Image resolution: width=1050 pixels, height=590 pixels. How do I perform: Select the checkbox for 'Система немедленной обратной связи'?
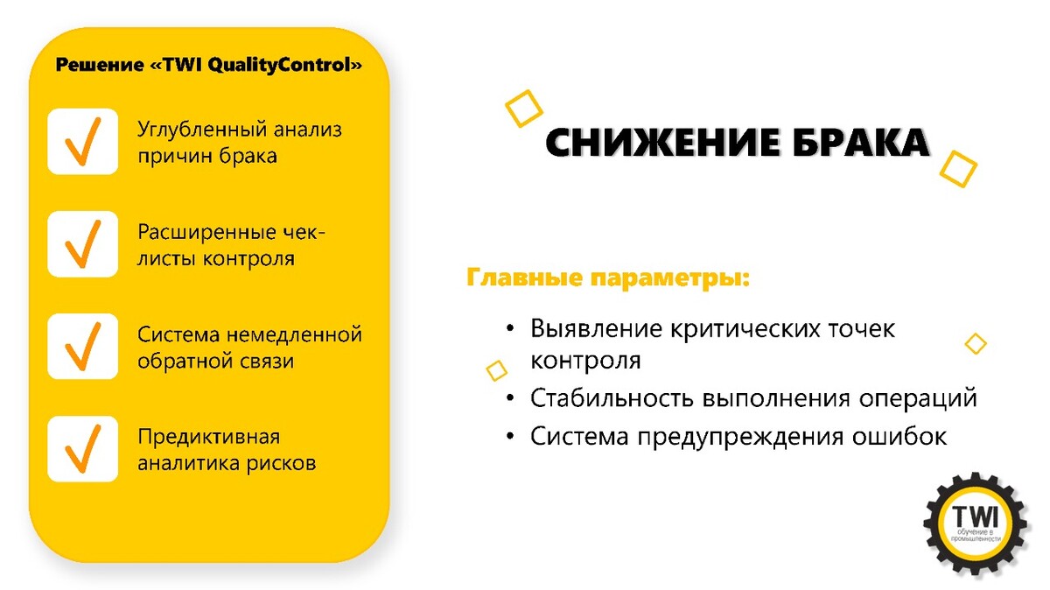[82, 346]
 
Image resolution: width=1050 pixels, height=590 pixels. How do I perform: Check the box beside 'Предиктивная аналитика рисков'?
[82, 449]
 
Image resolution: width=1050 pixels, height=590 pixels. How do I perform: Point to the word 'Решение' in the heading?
[100, 65]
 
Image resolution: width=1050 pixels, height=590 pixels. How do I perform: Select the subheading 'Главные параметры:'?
[608, 277]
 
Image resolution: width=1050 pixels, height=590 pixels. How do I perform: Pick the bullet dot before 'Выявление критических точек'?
[510, 328]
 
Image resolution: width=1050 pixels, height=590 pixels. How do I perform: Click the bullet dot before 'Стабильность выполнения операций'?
[510, 398]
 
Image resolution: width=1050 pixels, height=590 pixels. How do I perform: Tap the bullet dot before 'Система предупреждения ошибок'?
[510, 436]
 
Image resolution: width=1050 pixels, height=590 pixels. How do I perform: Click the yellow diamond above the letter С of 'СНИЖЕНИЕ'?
[523, 109]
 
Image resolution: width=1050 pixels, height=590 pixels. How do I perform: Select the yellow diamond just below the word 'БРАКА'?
[958, 169]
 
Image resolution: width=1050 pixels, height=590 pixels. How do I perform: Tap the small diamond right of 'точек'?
[976, 344]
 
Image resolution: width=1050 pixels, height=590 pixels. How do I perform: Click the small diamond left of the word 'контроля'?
[497, 370]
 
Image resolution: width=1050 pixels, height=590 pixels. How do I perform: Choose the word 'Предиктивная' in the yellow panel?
[208, 437]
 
